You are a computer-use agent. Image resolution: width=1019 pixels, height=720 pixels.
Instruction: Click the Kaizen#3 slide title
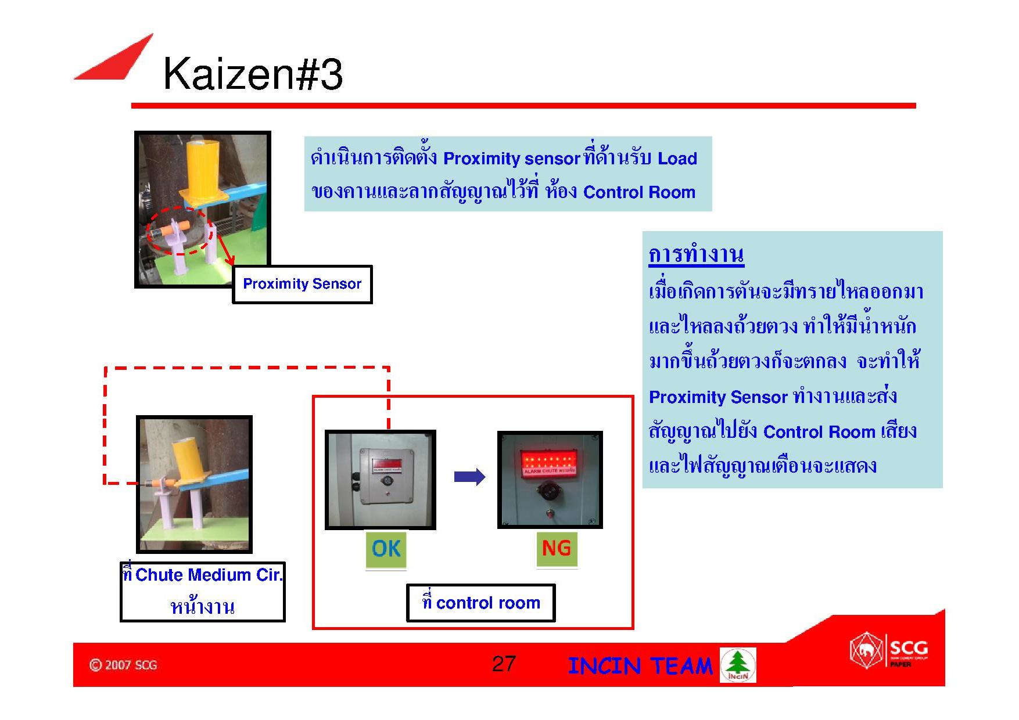pos(253,75)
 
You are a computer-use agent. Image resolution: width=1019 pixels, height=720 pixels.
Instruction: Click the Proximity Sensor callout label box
pos(302,285)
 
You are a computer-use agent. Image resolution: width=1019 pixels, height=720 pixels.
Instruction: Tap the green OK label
pos(386,549)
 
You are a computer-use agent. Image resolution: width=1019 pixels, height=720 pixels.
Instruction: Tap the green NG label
pos(556,548)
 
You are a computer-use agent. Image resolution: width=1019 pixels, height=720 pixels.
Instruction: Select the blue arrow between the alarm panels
pos(469,477)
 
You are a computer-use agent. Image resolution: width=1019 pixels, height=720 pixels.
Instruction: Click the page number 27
pos(503,664)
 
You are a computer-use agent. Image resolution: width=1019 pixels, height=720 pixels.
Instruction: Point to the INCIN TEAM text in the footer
pos(640,666)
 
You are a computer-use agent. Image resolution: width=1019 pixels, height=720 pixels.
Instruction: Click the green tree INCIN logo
pos(738,665)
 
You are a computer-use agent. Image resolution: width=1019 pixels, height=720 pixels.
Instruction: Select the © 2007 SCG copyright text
pos(123,665)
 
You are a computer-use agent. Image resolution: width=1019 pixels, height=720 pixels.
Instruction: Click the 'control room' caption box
pos(480,603)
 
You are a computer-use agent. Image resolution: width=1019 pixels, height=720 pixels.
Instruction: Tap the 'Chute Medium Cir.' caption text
pos(202,575)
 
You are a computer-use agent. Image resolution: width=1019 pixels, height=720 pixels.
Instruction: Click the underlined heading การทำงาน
pos(696,255)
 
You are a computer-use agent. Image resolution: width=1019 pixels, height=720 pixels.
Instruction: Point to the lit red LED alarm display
pos(550,462)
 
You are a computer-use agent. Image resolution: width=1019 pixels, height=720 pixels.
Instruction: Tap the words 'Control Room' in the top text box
pos(639,192)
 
